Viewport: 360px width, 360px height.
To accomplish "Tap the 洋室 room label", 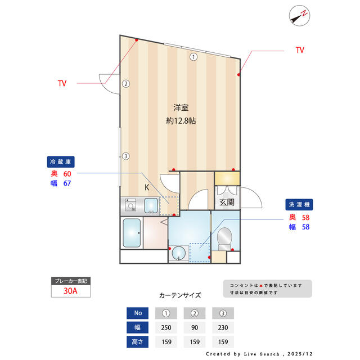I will click(181, 107).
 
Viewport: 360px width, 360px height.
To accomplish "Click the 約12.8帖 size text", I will click(181, 120).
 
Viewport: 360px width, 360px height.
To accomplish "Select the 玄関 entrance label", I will click(227, 202).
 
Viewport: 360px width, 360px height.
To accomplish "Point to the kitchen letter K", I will click(146, 188).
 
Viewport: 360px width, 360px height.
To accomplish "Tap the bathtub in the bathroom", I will click(132, 233).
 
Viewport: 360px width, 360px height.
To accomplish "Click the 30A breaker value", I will click(70, 292).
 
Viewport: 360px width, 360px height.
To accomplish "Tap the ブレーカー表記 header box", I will click(70, 281).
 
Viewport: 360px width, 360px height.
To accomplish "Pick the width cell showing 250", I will click(166, 327).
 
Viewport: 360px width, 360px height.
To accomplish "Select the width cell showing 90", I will click(195, 327).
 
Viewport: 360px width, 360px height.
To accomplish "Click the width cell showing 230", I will click(223, 327).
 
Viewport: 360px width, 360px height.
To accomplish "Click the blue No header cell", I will click(138, 313).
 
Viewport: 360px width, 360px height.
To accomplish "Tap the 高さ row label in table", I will click(138, 341).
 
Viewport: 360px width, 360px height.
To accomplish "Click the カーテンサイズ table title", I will click(180, 295).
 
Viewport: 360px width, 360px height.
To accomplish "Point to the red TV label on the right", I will click(300, 50).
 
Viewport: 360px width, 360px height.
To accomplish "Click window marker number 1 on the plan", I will click(193, 56).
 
